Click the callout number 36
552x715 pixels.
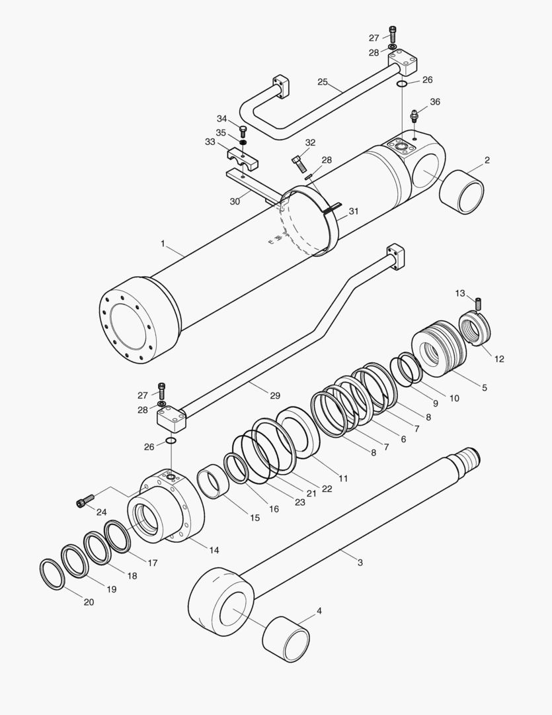434,102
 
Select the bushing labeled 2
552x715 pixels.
463,192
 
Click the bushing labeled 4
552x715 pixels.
286,638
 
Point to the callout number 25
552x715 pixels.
323,82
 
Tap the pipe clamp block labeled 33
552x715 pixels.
243,160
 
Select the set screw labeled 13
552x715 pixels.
479,304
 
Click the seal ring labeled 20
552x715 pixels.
52,574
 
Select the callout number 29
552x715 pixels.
275,395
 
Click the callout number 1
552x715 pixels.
163,244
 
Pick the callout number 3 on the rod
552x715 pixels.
360,563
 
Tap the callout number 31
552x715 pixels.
354,211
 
